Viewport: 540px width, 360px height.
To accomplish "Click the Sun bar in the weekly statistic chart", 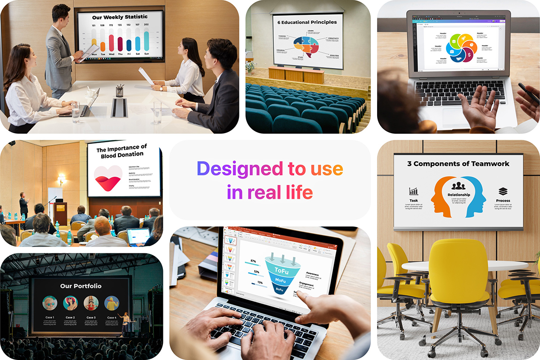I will (146, 40).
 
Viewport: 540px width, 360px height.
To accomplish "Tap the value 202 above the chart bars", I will (146, 25).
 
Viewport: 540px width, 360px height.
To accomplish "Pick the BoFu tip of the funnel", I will (279, 289).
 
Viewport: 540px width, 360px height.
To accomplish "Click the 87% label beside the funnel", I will (253, 261).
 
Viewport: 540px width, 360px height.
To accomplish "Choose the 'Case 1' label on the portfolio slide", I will (49, 318).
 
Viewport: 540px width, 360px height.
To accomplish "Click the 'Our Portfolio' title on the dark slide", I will (81, 286).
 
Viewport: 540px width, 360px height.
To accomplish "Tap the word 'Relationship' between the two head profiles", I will (459, 195).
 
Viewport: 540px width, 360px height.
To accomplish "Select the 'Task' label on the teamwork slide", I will (414, 201).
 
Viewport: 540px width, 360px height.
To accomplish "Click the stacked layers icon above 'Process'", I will (503, 191).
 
